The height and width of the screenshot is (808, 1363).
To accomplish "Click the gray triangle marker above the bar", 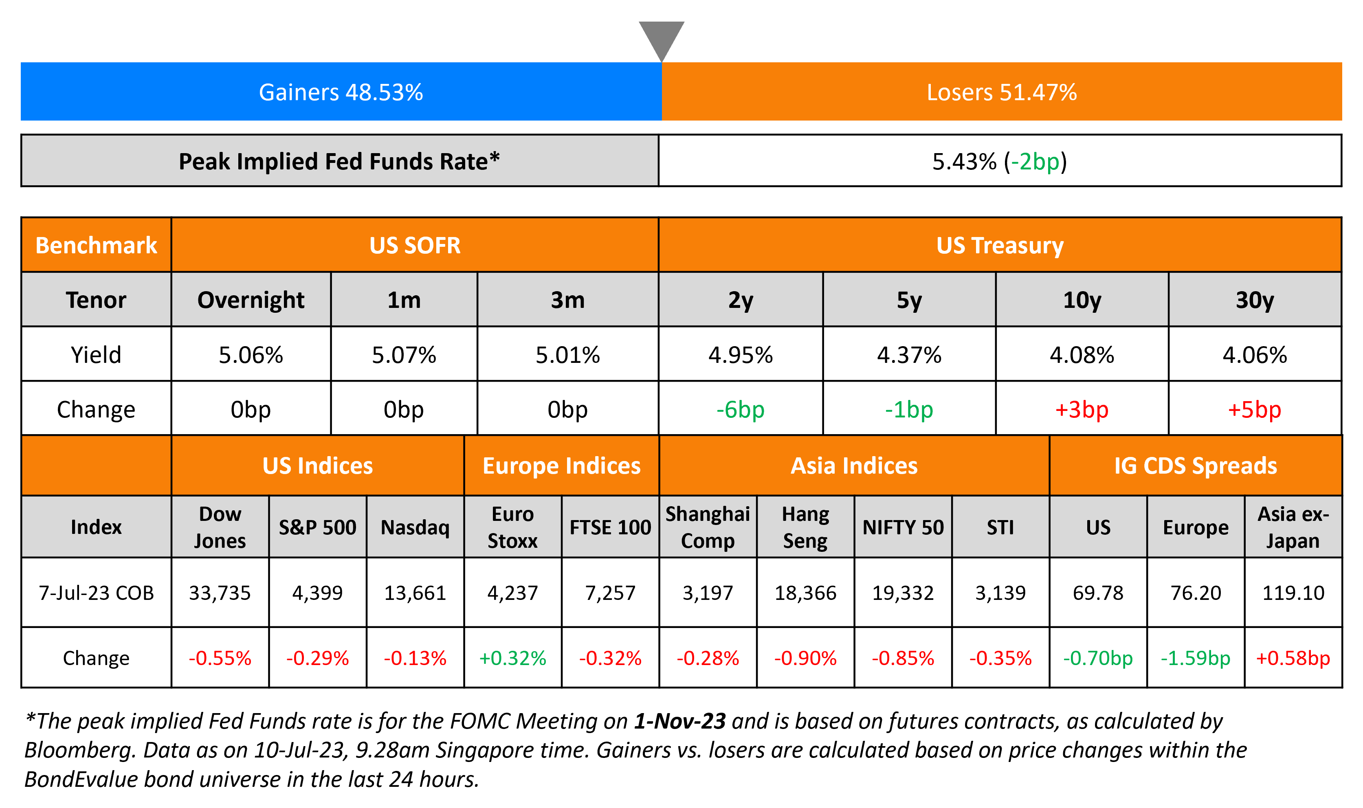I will [661, 38].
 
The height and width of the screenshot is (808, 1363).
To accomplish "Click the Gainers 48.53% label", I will [341, 92].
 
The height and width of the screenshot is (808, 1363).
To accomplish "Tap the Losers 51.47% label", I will [1001, 92].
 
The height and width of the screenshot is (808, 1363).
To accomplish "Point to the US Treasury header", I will [1000, 246].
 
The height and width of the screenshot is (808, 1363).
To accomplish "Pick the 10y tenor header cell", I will [1082, 300].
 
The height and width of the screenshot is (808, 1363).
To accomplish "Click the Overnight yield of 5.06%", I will [251, 355].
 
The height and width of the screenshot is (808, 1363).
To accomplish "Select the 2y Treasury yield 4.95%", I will [740, 355].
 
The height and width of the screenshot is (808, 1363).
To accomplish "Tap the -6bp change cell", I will [740, 409].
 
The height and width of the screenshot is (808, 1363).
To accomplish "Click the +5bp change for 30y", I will [1254, 409].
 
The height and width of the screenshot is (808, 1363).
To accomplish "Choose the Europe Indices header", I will [561, 466].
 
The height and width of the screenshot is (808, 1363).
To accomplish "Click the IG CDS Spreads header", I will [1195, 466].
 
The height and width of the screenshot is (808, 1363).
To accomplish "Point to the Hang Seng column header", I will [805, 527].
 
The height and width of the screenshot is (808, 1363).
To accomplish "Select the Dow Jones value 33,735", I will [220, 593].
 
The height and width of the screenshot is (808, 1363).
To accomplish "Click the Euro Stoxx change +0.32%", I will [512, 658].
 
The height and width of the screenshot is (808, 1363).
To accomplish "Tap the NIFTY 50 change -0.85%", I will [902, 658].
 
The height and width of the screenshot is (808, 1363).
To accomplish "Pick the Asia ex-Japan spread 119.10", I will [1293, 593].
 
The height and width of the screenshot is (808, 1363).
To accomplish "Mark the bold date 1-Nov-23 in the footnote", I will [679, 721].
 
